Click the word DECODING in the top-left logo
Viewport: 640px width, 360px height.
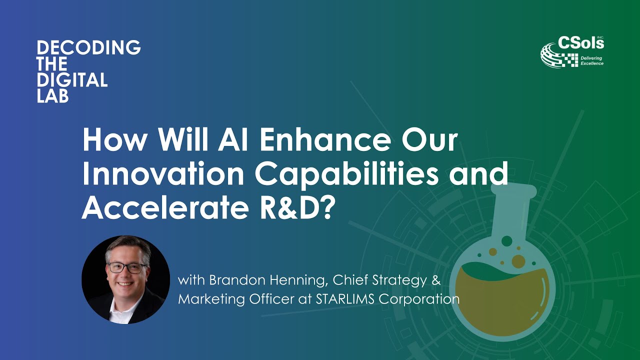(88, 48)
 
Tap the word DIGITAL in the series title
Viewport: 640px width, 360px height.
(72, 80)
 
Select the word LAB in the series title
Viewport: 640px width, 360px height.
(52, 96)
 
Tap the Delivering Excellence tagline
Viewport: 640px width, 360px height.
(591, 61)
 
